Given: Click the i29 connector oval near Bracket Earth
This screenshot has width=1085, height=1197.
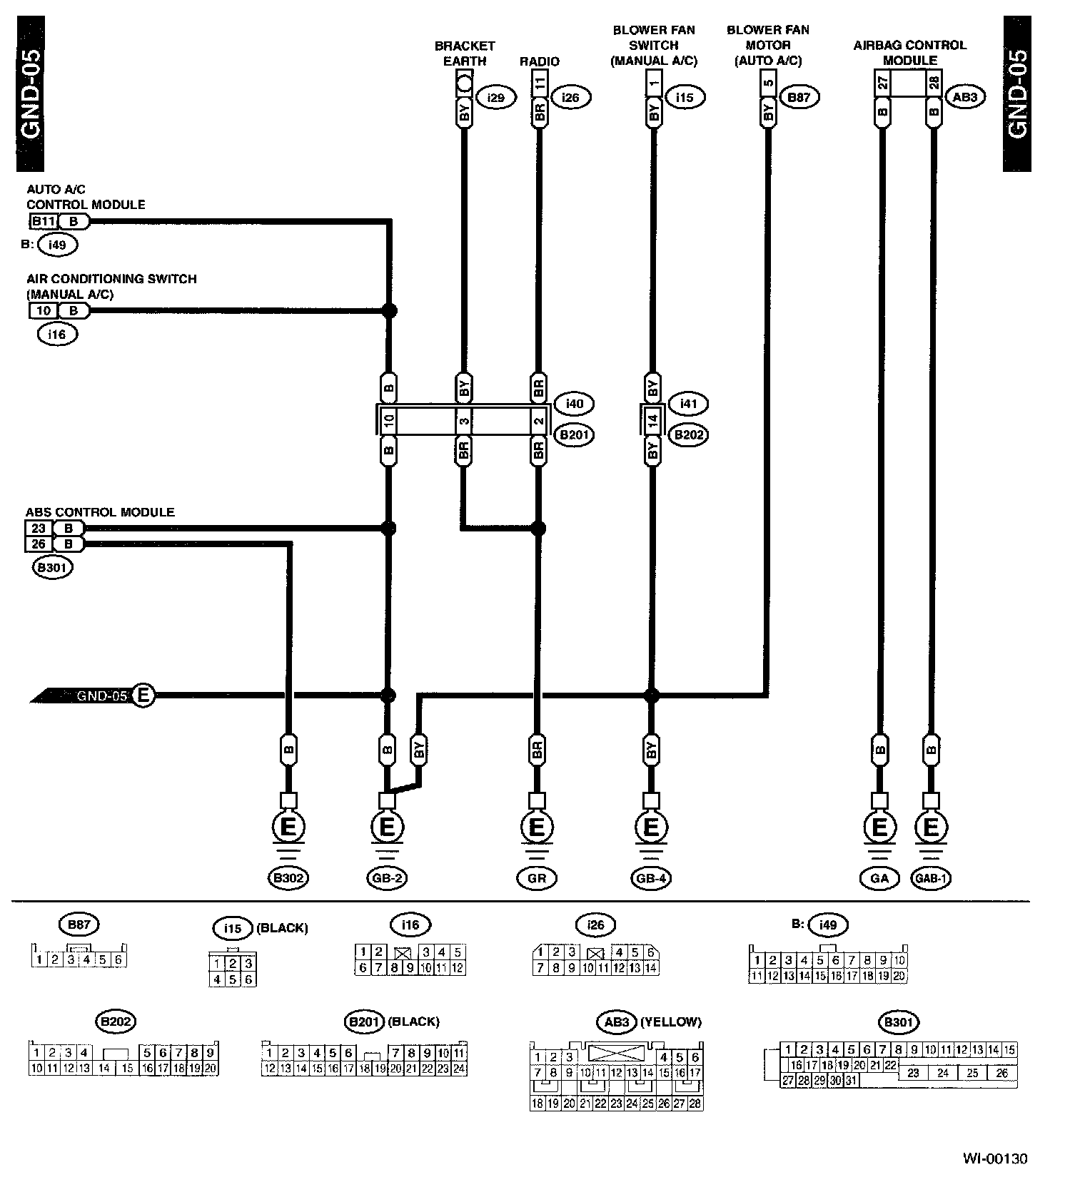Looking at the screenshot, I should [x=495, y=97].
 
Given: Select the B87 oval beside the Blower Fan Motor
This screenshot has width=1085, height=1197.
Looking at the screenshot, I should [x=798, y=97].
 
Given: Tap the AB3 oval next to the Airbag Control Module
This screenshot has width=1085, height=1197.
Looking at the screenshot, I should [x=964, y=97].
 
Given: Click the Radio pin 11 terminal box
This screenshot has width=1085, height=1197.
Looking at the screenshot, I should [x=540, y=83].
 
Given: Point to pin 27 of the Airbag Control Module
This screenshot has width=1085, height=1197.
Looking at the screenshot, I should [x=883, y=83].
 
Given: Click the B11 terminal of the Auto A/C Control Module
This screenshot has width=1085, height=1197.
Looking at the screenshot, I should [x=44, y=221].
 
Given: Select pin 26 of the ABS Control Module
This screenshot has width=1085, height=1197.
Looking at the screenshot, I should [x=39, y=544].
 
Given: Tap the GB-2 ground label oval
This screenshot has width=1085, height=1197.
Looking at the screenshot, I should [x=387, y=878].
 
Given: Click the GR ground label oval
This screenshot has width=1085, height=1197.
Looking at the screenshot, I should [x=537, y=878].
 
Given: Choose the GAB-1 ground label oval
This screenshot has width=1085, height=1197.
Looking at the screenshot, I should [x=932, y=878].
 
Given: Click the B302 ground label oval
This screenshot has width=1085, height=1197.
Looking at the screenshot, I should [x=288, y=878].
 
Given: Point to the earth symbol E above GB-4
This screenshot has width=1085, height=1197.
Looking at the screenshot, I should [x=651, y=827].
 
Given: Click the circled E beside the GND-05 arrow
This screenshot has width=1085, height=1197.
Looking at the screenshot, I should [x=143, y=695].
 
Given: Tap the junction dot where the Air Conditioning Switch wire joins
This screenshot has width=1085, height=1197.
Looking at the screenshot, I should [x=389, y=311].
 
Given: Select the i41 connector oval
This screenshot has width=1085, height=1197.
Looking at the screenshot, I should [x=687, y=404].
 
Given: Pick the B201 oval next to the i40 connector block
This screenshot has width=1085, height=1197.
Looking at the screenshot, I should [x=574, y=434].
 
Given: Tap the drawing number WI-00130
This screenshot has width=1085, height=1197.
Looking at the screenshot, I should [x=994, y=1159].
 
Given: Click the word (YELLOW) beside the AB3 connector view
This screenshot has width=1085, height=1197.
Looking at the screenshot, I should [x=671, y=1022].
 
